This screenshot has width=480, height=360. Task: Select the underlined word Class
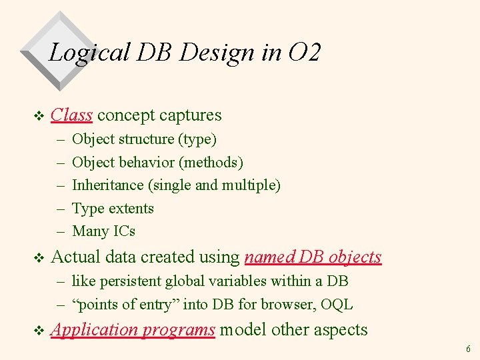pyautogui.click(x=71, y=115)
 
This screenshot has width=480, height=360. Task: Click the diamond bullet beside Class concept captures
pyautogui.click(x=38, y=116)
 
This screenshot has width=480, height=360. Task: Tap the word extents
pyautogui.click(x=131, y=208)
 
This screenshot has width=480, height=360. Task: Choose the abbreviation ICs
pyautogui.click(x=123, y=231)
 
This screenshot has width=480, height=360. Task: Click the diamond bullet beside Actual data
pyautogui.click(x=38, y=258)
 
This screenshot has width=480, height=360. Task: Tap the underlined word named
pyautogui.click(x=270, y=257)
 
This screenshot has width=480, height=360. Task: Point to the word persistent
pyautogui.click(x=129, y=281)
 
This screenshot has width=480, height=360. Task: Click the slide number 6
pyautogui.click(x=468, y=349)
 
